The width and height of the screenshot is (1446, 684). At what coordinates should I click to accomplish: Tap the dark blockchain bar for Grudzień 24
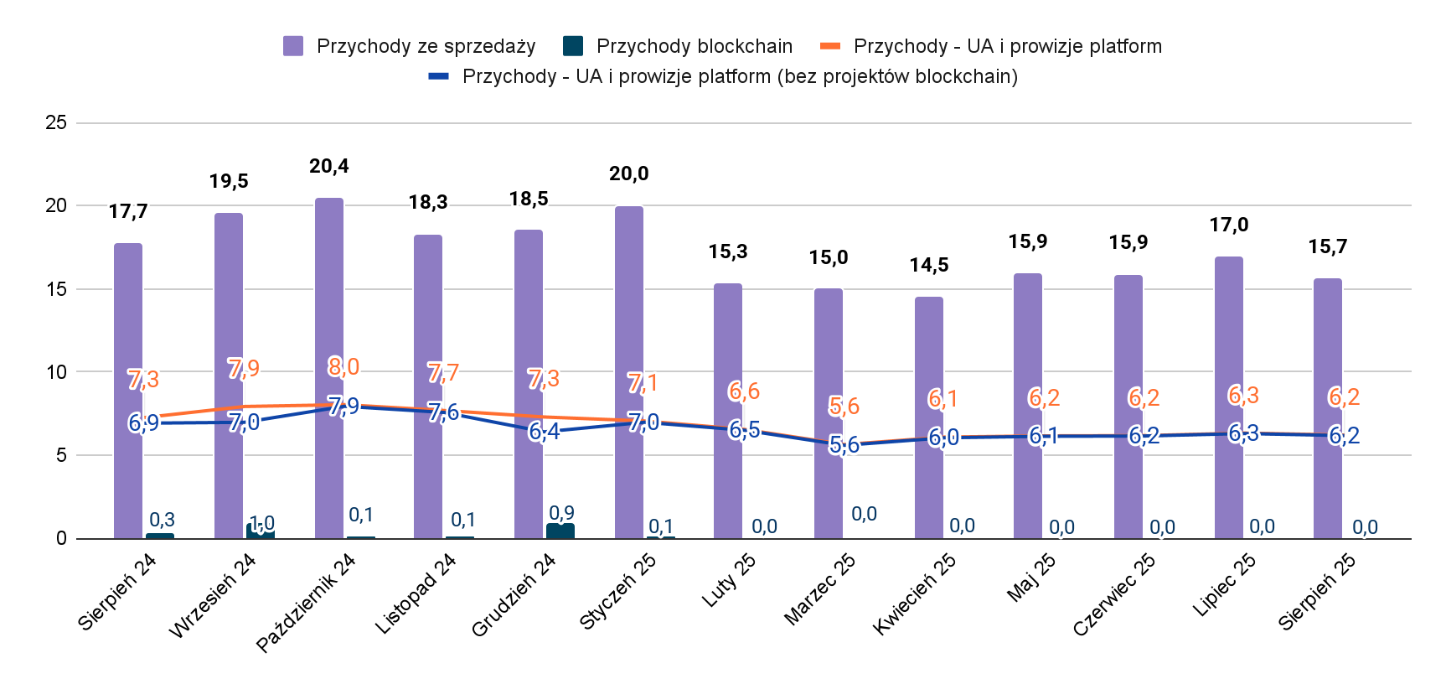[x=560, y=531]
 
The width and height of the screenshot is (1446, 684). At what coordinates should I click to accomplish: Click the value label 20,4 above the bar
[x=329, y=166]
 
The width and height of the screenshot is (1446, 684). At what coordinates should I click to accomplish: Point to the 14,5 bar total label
[x=929, y=265]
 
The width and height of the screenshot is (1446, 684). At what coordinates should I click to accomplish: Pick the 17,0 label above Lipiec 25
[x=1229, y=225]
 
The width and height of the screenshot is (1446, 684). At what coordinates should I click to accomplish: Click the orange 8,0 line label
[x=343, y=366]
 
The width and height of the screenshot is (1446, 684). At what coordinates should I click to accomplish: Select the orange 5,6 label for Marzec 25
[x=844, y=406]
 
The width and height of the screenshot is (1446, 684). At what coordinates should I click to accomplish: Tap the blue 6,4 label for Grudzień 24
[x=545, y=432]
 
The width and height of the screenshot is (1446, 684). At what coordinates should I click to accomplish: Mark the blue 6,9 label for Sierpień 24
[x=144, y=422]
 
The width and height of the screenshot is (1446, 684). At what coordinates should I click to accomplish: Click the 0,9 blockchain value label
[x=562, y=512]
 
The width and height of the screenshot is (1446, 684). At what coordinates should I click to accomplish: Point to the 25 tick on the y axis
[x=56, y=122]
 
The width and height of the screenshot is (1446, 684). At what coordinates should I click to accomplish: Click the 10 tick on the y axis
[x=56, y=372]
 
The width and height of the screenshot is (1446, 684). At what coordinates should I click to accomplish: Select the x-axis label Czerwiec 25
[x=1114, y=594]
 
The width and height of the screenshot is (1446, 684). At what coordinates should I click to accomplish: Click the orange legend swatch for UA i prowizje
[x=830, y=45]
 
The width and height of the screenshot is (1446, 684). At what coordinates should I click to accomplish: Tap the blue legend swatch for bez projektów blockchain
[x=439, y=76]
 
